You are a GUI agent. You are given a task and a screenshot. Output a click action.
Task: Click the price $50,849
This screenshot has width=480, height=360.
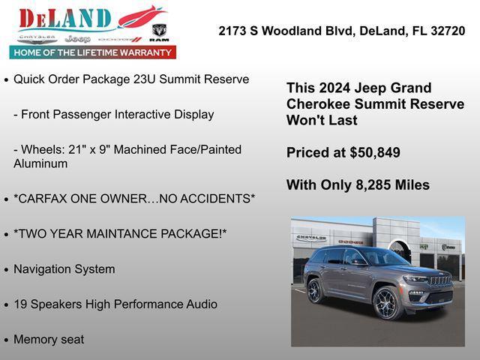coord(375,153)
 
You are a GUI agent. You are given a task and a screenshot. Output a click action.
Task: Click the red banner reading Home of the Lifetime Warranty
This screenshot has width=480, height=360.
coord(93,52)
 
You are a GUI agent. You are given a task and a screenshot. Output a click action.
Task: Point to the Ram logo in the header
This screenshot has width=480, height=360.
coord(159,31)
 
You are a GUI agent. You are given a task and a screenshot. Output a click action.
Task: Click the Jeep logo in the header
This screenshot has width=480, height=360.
coord(77,38)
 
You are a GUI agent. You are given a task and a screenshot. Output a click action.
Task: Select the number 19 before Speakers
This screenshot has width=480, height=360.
coord(20,304)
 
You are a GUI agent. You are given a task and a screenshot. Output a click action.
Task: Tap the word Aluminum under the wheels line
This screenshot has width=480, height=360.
coord(40,163)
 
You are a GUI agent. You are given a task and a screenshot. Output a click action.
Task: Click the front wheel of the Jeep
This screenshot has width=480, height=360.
coord(388,303)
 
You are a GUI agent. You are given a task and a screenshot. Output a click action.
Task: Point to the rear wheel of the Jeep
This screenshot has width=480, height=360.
coord(315,291)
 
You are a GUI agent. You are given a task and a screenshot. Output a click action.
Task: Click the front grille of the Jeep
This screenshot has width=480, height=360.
coord(439,282)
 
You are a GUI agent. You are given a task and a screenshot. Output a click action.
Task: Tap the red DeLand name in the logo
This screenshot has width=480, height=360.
coord(66,18)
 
